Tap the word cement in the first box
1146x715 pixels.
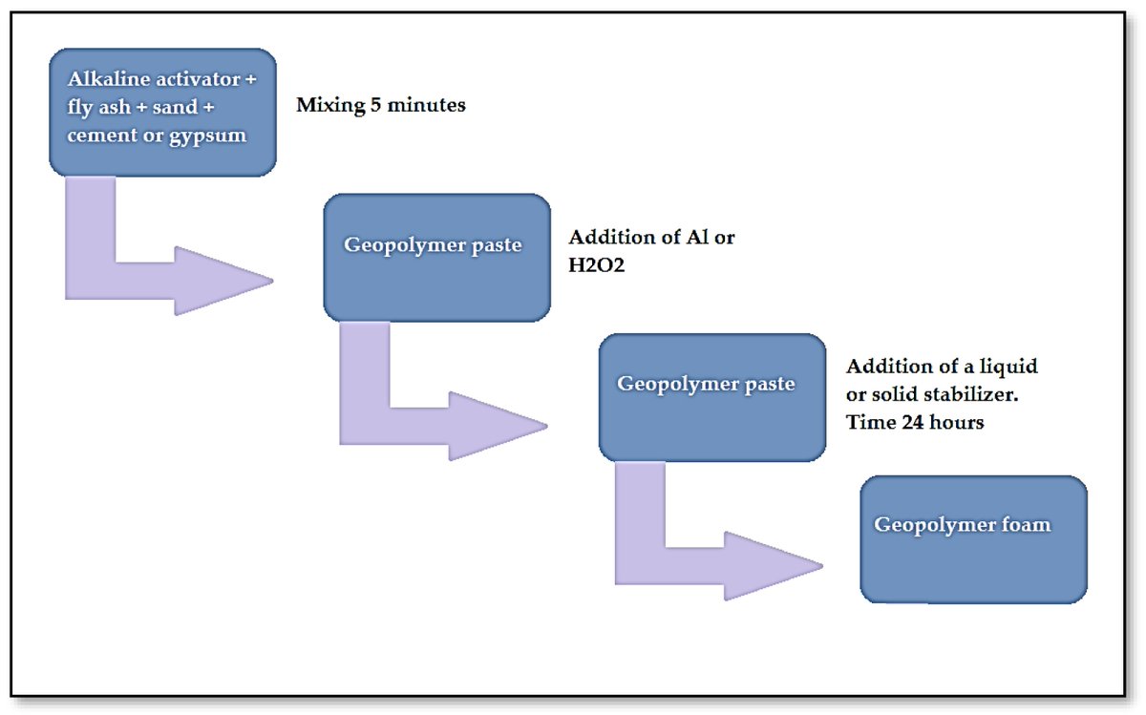[x=99, y=135]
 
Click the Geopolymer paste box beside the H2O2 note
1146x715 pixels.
[x=436, y=257]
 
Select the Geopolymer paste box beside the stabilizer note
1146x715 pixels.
[x=711, y=397]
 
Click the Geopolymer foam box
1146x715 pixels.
[x=973, y=539]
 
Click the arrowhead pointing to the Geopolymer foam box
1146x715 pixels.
[x=778, y=566]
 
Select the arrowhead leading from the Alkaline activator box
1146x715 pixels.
[x=229, y=281]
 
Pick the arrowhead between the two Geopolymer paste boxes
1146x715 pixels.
[x=504, y=426]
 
